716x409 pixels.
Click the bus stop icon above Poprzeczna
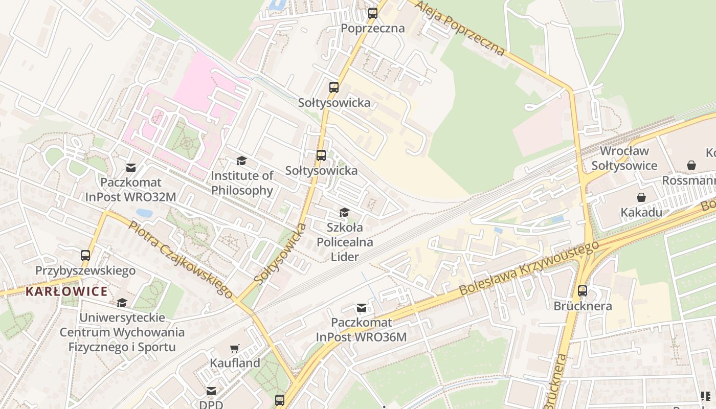point(373,13)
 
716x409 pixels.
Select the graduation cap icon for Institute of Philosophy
point(241,161)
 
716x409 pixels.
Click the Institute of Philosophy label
point(242,183)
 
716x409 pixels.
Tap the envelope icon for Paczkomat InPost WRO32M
point(131,168)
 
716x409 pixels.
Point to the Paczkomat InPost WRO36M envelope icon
point(362,307)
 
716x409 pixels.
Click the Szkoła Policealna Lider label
point(345,242)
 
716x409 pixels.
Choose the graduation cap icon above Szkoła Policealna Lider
point(345,212)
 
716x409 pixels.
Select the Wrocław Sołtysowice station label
point(624,158)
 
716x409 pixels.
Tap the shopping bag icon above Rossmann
point(691,165)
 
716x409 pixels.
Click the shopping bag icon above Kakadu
point(641,197)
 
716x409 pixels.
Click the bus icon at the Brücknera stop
point(583,291)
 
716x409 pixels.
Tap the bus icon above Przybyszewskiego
point(85,255)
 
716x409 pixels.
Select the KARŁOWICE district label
point(66,292)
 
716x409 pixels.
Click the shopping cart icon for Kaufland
point(235,348)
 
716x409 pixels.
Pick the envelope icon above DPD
point(211,391)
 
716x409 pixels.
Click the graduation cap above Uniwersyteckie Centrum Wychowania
point(122,303)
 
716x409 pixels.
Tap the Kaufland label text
point(235,363)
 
